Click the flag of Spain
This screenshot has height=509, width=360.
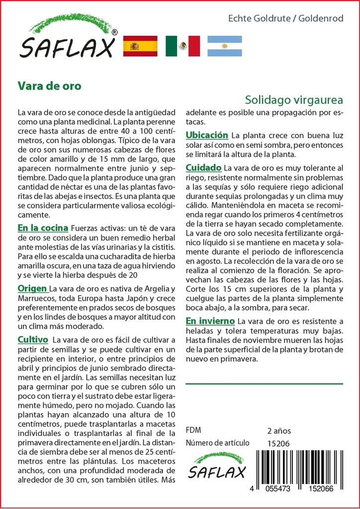[x=140, y=46]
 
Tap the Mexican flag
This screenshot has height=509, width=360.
[x=182, y=46]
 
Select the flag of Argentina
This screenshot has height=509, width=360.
[x=224, y=46]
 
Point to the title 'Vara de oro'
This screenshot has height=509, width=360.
[x=49, y=85]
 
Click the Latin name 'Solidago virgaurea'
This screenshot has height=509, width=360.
[x=294, y=99]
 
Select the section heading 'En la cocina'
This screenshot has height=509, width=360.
[x=43, y=228]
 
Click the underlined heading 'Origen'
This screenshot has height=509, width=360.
[x=33, y=289]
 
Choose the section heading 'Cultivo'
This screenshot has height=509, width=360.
[x=33, y=340]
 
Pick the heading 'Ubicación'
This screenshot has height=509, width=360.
[x=207, y=135]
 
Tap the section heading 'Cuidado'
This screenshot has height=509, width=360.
[x=204, y=169]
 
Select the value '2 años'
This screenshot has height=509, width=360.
[x=279, y=430]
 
